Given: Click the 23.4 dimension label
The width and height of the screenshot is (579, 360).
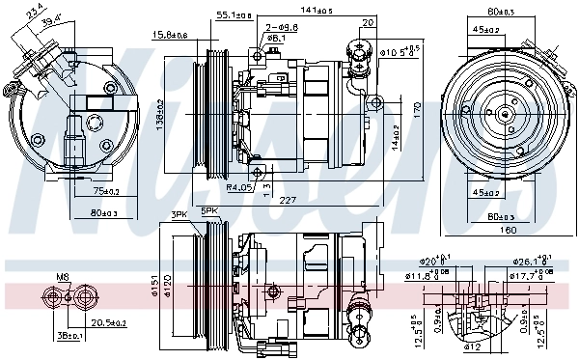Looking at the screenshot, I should click(36, 13).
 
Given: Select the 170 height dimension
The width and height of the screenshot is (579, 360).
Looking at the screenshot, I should click(417, 111).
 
